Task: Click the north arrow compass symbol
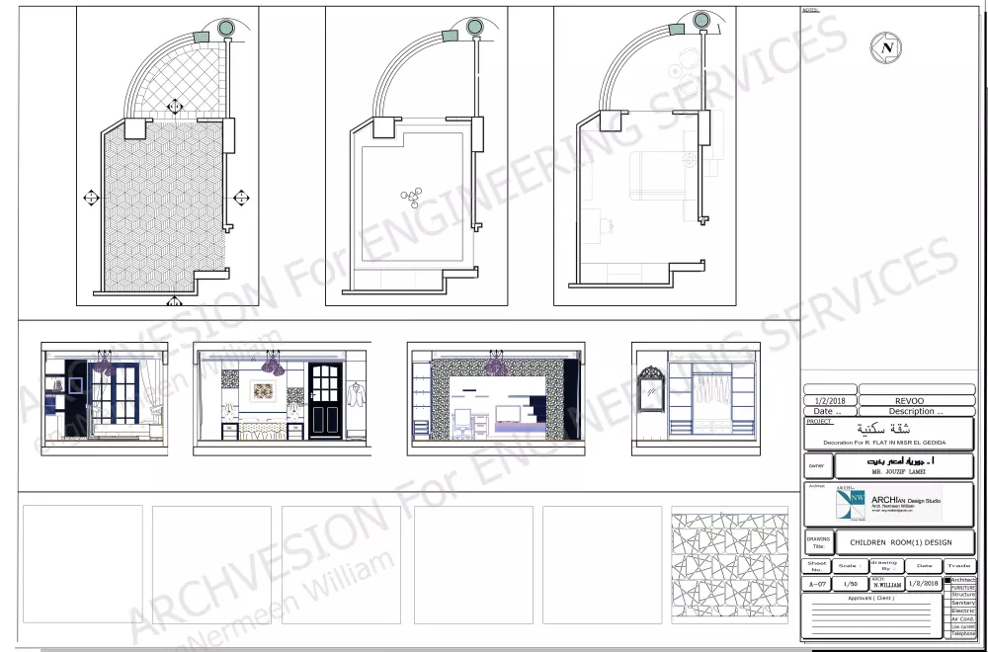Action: pos(886,46)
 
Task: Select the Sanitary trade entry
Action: pos(962,603)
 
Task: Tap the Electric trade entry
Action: pos(962,611)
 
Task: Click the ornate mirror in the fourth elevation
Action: pos(651,388)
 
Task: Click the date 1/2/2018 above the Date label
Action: pos(828,401)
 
